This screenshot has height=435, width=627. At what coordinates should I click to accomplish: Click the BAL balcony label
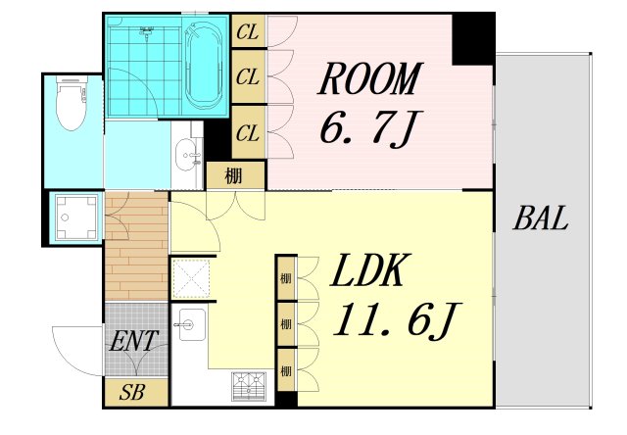(x=541, y=218)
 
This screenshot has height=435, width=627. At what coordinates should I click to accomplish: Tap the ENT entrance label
(x=134, y=341)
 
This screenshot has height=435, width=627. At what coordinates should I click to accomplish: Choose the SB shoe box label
(x=131, y=392)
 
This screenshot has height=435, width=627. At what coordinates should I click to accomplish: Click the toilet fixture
(x=72, y=103)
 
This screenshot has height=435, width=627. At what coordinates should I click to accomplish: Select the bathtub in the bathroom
(x=204, y=66)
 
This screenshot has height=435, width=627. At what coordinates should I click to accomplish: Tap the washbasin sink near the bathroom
(x=187, y=154)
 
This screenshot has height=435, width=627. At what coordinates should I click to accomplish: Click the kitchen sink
(x=192, y=324)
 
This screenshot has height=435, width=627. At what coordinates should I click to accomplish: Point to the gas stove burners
(x=249, y=385)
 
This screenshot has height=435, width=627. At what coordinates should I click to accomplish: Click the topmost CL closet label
(x=248, y=32)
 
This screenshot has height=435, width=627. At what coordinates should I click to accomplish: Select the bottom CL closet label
(x=248, y=133)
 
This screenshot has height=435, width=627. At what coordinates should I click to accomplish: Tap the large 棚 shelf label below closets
(x=234, y=175)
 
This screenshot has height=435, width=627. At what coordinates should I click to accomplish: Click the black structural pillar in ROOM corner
(x=473, y=39)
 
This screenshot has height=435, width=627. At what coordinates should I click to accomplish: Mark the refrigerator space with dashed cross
(x=192, y=278)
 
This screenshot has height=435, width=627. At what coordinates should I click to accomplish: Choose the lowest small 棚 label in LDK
(x=285, y=371)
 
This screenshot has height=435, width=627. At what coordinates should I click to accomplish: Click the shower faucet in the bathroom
(x=147, y=31)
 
